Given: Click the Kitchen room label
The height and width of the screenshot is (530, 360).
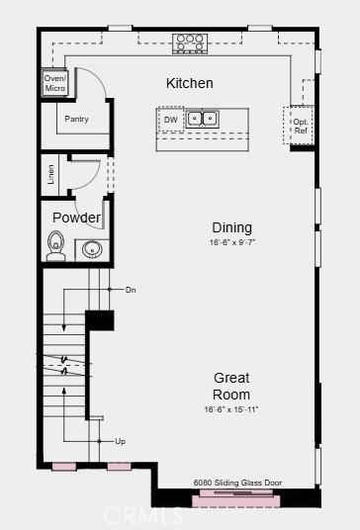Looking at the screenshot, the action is (x=189, y=83).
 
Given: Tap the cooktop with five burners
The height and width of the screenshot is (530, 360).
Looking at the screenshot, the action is (x=190, y=44).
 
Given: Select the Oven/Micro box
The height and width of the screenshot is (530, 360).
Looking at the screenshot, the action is (x=54, y=83).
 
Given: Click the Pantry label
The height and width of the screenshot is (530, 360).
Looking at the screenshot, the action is (x=76, y=119).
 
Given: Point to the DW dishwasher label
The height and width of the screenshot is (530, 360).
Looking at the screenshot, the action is (x=171, y=120).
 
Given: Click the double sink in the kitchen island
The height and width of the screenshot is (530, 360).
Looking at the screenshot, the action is (x=202, y=119).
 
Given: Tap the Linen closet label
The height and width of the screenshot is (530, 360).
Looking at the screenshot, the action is (x=50, y=174).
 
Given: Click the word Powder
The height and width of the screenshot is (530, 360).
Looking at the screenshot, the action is (x=77, y=218).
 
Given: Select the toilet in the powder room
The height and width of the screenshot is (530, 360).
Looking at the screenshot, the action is (x=55, y=246).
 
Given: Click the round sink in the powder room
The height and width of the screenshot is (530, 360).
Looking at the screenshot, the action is (x=92, y=250).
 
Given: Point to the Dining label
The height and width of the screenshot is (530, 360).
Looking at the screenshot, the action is (x=231, y=227).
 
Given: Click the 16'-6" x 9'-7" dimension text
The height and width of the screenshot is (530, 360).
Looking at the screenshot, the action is (x=232, y=242).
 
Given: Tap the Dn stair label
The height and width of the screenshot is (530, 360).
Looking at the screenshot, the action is (x=131, y=290).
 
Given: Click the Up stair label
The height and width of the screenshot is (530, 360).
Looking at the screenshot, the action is (x=121, y=441).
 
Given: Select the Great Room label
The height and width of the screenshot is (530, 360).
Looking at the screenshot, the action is (x=231, y=386).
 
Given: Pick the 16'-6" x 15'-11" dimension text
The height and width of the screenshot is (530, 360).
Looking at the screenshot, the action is (x=231, y=409).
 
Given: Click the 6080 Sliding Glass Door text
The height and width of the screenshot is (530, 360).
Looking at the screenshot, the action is (x=237, y=483).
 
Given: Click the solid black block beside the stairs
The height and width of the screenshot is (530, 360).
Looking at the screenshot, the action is (x=99, y=320).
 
